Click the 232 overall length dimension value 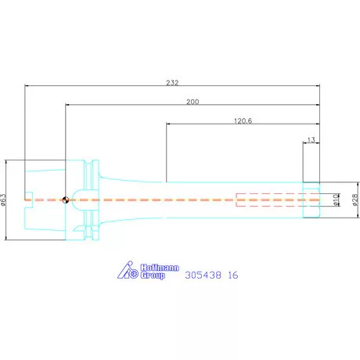click(172, 83)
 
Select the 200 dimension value click(193, 102)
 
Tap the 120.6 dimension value click(243, 121)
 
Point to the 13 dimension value click(311, 140)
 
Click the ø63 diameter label click(3, 200)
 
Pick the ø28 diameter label click(355, 200)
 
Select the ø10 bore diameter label click(336, 200)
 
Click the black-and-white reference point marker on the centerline click(66, 200)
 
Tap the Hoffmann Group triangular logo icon click(128, 270)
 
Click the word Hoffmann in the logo click(160, 268)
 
